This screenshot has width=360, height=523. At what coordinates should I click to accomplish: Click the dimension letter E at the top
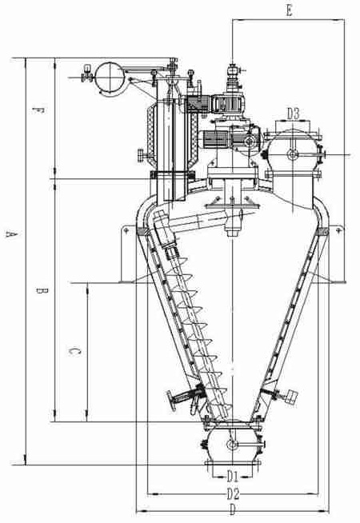tap(290, 10)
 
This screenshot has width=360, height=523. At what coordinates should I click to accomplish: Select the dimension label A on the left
tap(11, 234)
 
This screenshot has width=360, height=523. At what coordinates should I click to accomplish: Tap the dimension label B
tap(42, 290)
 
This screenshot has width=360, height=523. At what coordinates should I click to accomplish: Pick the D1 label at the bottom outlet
tap(233, 476)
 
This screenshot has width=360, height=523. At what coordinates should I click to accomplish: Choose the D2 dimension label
tap(234, 494)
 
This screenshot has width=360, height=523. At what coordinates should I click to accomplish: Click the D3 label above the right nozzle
tap(294, 114)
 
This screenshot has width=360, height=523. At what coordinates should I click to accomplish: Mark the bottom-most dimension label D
tap(233, 510)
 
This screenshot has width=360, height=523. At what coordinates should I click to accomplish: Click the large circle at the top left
tap(110, 78)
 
